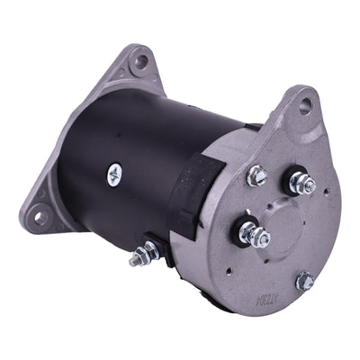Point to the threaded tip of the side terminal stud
coord(134,262)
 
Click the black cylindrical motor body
coord(135,153)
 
